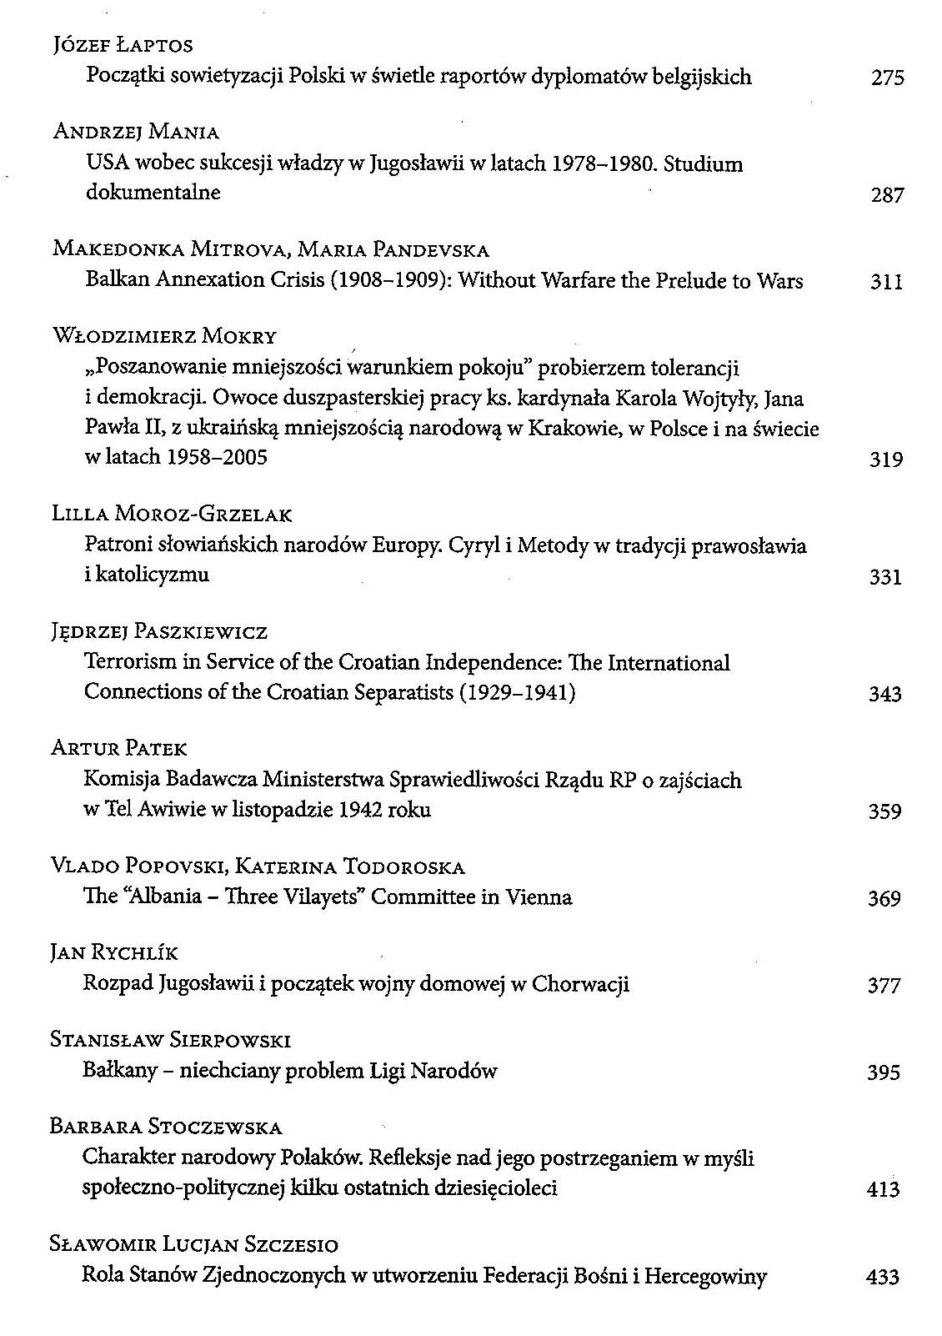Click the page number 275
[x=887, y=78]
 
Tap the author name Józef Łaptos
[x=123, y=46]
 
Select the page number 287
[x=887, y=195]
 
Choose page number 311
[x=886, y=282]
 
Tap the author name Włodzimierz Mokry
[x=164, y=336]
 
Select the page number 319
[x=885, y=460]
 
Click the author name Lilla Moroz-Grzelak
[x=172, y=515]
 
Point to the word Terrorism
[x=130, y=663]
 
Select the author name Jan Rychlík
[x=114, y=952]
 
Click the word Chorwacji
[x=580, y=985]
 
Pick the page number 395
[x=884, y=1072]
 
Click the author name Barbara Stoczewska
[x=166, y=1128]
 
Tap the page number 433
[x=883, y=1277]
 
